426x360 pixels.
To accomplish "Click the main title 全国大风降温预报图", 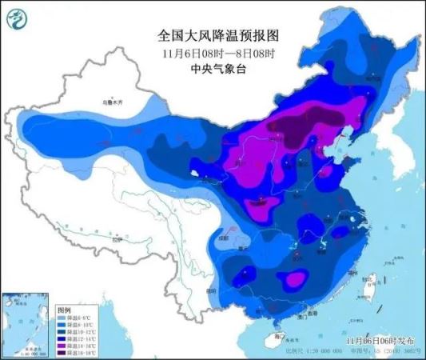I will click(213, 36).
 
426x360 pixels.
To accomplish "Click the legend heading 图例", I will click(65, 310).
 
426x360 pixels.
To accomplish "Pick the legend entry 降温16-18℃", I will click(72, 350).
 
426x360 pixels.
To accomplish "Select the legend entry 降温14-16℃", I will click(72, 344).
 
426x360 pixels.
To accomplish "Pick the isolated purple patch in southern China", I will click(296, 279).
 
